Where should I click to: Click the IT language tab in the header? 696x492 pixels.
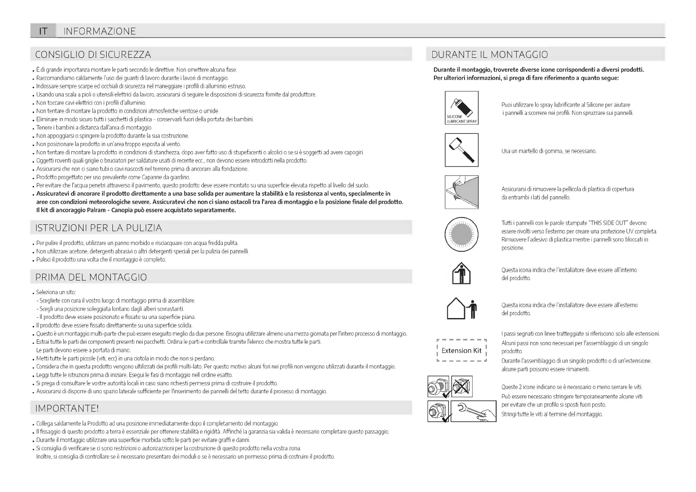point(43,31)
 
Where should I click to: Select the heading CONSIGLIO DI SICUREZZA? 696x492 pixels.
point(93,55)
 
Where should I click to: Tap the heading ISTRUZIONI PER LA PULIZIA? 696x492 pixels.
point(98,228)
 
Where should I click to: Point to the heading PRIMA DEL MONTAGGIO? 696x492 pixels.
point(91,277)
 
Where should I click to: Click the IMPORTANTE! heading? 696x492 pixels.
point(67,408)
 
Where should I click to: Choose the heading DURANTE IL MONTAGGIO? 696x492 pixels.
point(489,55)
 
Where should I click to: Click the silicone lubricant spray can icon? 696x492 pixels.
point(461,108)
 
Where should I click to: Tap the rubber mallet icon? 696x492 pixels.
point(461,150)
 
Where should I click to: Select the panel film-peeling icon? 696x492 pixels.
point(461,192)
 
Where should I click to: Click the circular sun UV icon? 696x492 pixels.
point(461,234)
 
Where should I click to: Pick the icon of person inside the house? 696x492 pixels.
point(461,273)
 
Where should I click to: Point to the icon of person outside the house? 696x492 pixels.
point(462,309)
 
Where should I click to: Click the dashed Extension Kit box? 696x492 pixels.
point(461,351)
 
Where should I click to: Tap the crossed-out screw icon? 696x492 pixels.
point(462,386)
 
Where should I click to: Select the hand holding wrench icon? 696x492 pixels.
point(473,411)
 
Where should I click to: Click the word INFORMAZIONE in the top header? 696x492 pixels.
point(100,31)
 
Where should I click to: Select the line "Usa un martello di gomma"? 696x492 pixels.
point(549,151)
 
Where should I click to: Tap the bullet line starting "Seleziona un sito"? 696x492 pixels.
point(56,292)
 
